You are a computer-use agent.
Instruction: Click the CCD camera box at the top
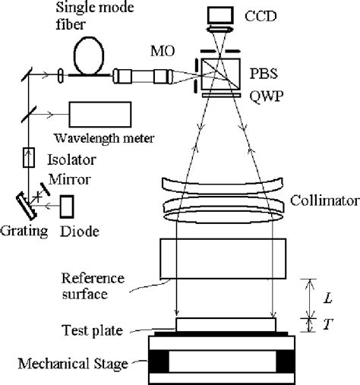(x=221, y=14)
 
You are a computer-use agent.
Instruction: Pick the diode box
(x=68, y=205)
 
